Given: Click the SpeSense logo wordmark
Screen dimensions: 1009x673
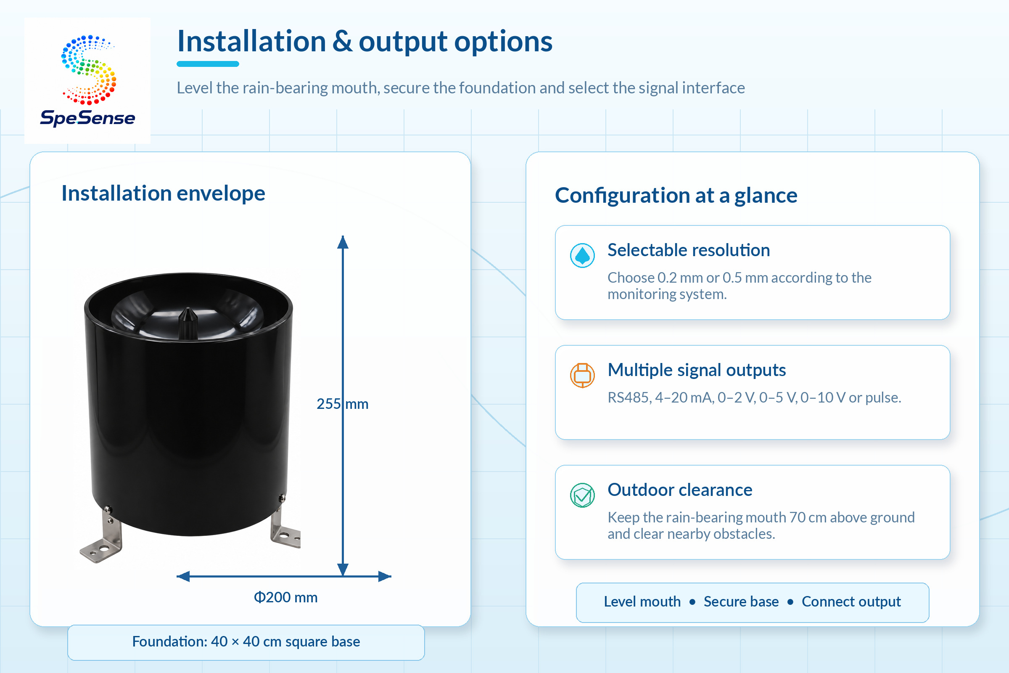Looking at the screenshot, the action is point(87,118).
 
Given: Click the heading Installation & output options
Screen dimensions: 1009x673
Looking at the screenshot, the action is point(365,42).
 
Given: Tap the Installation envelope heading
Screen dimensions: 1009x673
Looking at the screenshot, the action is point(164,193).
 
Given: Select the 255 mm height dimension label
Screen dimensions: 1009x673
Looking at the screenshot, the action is point(342,404).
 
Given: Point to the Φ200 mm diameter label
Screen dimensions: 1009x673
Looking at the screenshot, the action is point(286,597).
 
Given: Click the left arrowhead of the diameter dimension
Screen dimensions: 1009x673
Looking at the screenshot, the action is point(183,576).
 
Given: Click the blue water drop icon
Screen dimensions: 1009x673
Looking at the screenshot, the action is point(582,255).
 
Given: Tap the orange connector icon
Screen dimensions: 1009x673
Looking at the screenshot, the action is point(582,375).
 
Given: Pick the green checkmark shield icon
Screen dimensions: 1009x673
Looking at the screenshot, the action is point(582,495).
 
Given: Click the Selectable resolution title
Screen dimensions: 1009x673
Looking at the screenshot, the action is point(689,250).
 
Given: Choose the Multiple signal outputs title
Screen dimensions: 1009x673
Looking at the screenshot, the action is point(697,370).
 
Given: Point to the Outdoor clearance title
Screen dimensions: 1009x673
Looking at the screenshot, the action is point(680,490).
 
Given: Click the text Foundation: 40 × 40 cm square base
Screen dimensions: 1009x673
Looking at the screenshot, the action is point(246,641).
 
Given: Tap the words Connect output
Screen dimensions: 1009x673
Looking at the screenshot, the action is point(851,601).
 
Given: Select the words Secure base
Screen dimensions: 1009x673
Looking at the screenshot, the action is point(741,601).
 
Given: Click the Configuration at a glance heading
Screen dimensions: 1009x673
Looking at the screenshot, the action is point(676,195).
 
